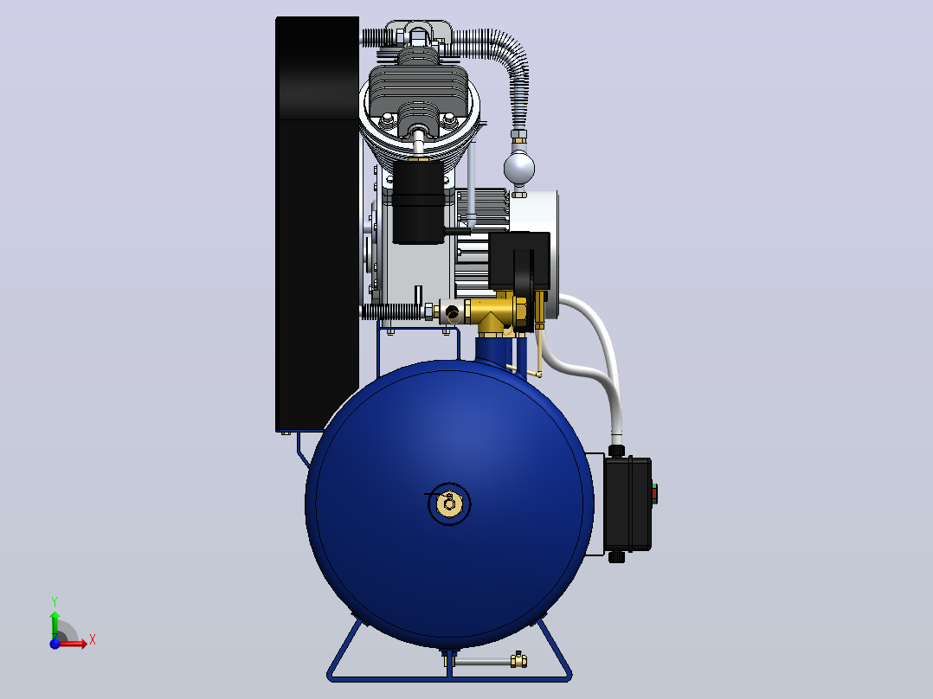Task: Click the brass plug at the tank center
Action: [449, 503]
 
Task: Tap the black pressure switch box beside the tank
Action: [627, 503]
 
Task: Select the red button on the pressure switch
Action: [654, 492]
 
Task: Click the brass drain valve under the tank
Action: [518, 659]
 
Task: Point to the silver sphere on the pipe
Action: [519, 167]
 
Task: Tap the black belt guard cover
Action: [317, 223]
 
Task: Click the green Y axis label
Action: [55, 601]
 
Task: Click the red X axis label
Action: [93, 640]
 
